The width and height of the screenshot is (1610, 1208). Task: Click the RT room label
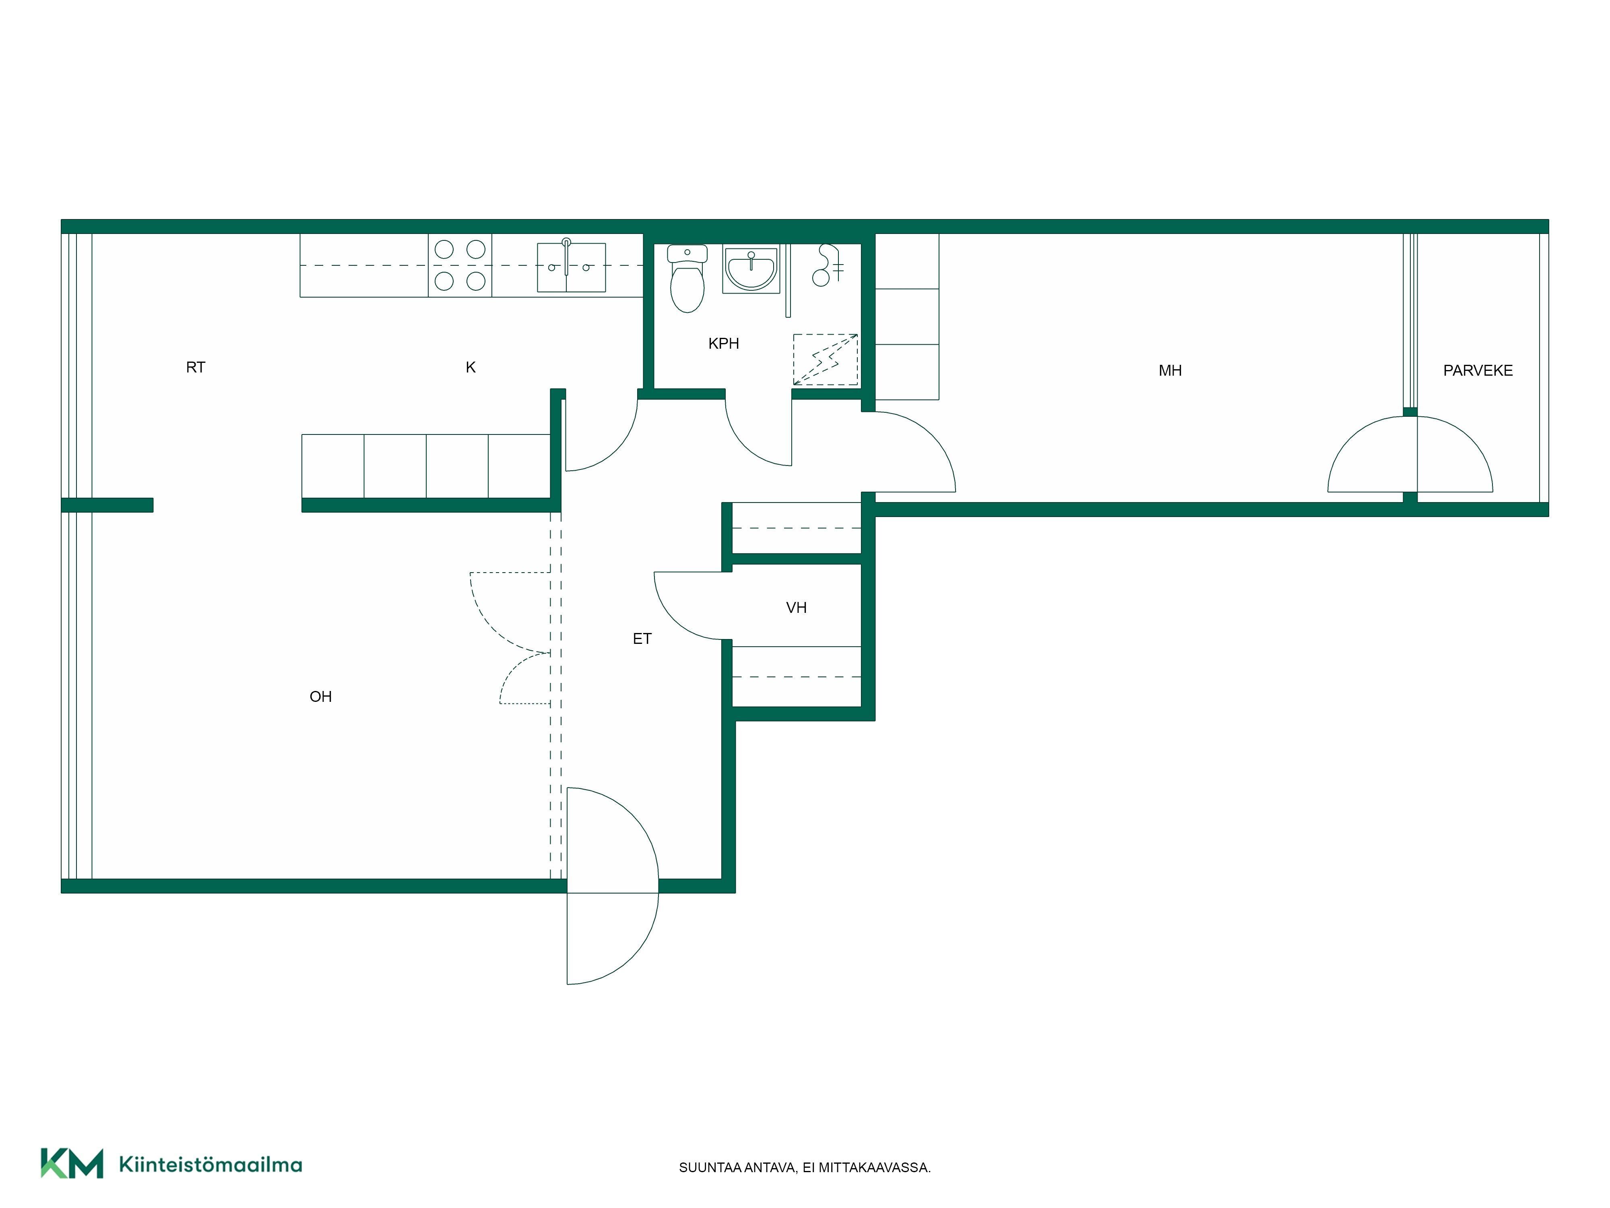tap(196, 367)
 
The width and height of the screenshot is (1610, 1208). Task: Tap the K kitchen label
tap(471, 367)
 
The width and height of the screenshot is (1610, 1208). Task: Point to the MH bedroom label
tap(1170, 370)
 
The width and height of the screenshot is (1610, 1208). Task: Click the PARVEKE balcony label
tap(1478, 370)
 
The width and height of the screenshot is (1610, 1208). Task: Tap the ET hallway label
tap(642, 639)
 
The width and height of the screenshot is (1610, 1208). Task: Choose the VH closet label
tap(796, 607)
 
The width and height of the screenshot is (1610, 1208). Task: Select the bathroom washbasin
tap(751, 269)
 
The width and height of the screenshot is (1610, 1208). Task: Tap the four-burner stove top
tap(460, 265)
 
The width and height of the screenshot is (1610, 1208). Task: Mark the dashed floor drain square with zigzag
tap(826, 360)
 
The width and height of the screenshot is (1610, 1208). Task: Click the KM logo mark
tap(72, 1163)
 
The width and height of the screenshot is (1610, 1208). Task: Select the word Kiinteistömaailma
tap(211, 1165)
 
